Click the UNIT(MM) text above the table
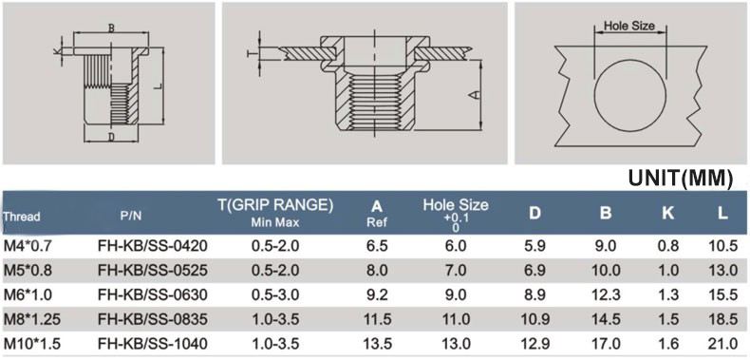[x=680, y=178]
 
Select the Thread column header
[x=22, y=217]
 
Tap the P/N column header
[x=131, y=216]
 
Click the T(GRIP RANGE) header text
[x=275, y=205]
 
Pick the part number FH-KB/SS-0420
[x=153, y=246]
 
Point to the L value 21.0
[x=722, y=344]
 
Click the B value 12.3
[x=606, y=294]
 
